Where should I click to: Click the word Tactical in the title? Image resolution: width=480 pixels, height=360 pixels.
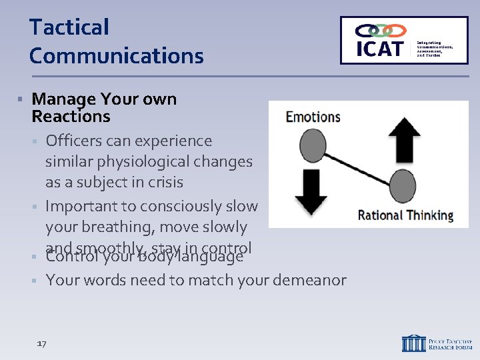69,28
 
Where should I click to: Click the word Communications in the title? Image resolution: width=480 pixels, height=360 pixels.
116,55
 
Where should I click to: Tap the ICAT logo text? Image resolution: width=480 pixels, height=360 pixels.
379,48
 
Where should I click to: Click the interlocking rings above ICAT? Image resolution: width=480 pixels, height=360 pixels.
381,31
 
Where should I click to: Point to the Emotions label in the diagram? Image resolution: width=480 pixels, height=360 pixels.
313,117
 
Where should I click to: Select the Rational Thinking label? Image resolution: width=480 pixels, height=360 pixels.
405,215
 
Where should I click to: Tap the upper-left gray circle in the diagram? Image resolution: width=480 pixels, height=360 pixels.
313,143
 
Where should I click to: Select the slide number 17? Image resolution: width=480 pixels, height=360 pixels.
41,343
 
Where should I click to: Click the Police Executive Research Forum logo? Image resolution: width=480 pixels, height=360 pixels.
437,343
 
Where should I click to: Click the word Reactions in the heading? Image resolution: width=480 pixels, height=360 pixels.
71,117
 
